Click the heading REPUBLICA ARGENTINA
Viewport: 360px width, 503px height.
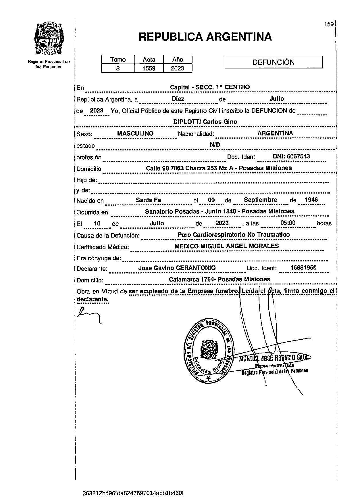(x=205, y=37)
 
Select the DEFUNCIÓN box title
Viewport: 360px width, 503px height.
(x=273, y=62)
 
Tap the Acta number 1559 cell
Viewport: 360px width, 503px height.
(x=149, y=68)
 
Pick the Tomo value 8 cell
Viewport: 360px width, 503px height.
(x=118, y=68)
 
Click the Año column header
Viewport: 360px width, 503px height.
(x=178, y=60)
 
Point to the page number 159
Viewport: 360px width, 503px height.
(x=329, y=24)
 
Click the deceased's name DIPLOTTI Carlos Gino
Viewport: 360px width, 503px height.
(x=205, y=122)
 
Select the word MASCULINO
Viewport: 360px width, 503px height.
(x=135, y=133)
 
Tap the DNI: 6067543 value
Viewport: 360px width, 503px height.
(x=291, y=156)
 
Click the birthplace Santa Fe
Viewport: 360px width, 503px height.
(x=148, y=200)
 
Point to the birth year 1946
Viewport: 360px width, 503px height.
(x=311, y=200)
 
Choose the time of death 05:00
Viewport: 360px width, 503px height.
(x=288, y=223)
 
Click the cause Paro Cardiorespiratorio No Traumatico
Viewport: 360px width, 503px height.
(x=234, y=235)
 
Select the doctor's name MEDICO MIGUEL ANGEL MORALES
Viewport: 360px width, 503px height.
(x=227, y=246)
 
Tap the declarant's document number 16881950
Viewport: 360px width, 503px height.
(x=303, y=268)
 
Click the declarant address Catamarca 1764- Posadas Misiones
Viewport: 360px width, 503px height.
(x=220, y=279)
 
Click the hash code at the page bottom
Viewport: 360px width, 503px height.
(x=133, y=493)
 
